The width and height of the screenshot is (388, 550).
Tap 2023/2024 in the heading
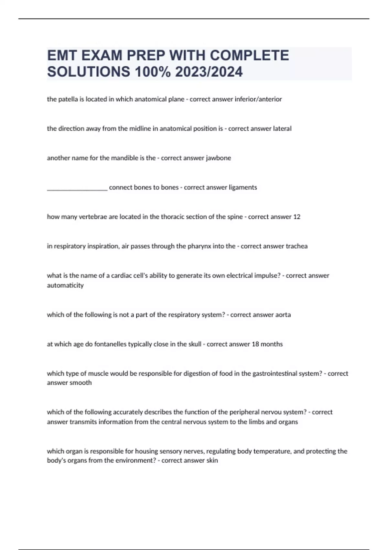coord(209,72)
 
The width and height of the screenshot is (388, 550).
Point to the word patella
coord(68,99)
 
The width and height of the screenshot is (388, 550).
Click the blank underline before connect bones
coord(77,188)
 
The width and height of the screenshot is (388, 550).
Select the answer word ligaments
coord(242,187)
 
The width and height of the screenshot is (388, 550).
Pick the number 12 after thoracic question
coord(296,217)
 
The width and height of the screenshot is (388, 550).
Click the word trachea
coord(296,246)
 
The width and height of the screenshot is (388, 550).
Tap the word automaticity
coord(65,285)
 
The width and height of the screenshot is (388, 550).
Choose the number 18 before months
coord(255,344)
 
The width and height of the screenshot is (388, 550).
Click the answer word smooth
coord(83,383)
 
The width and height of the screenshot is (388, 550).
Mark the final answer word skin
coord(212,460)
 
